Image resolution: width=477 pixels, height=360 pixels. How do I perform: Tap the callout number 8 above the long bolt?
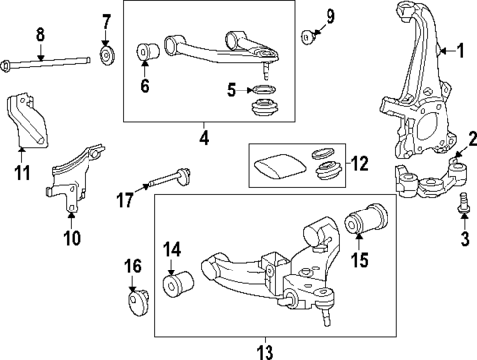40,35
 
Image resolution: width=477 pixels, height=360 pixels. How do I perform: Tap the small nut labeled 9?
308,36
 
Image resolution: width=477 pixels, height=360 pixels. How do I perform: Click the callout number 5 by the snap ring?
231,91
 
